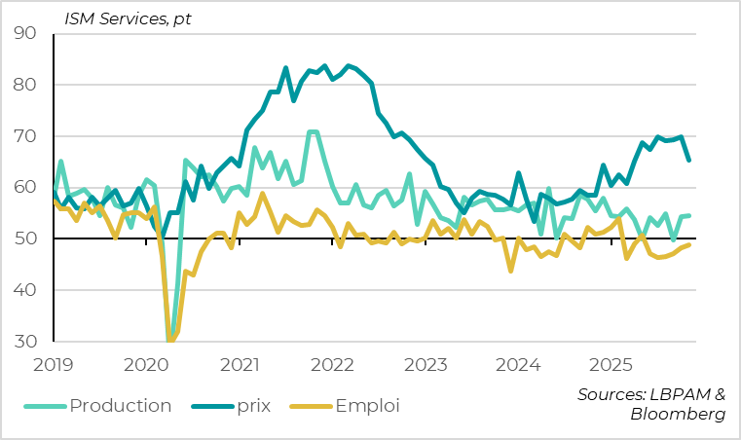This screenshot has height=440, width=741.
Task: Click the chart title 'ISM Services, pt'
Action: (128, 18)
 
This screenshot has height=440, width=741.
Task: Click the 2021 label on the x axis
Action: (241, 365)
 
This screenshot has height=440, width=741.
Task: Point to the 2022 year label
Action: (333, 365)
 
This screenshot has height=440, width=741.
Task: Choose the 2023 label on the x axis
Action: (426, 365)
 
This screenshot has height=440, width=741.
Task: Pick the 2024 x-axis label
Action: (518, 365)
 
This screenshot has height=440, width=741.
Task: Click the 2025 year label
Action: (611, 365)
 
